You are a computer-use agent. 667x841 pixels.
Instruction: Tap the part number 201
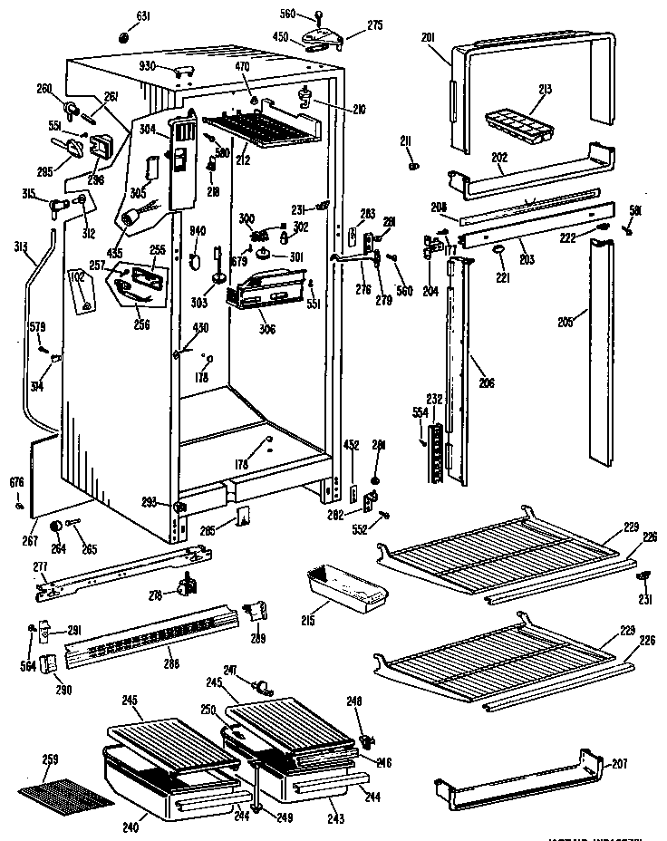429,36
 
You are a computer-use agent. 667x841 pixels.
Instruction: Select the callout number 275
351,28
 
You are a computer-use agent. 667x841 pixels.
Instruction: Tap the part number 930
147,67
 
